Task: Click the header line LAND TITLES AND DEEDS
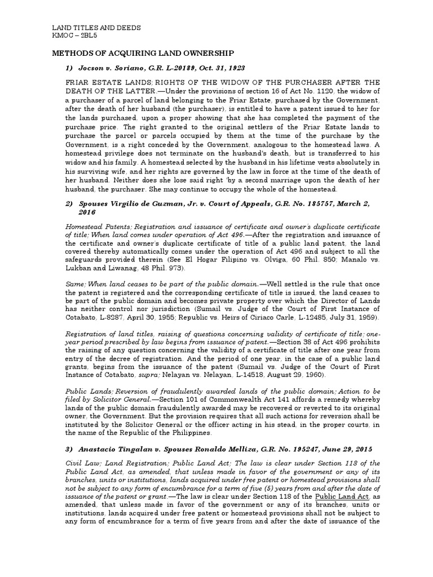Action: coord(96,27)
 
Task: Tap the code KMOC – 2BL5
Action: coord(76,35)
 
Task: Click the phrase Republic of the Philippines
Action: coord(167,433)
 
